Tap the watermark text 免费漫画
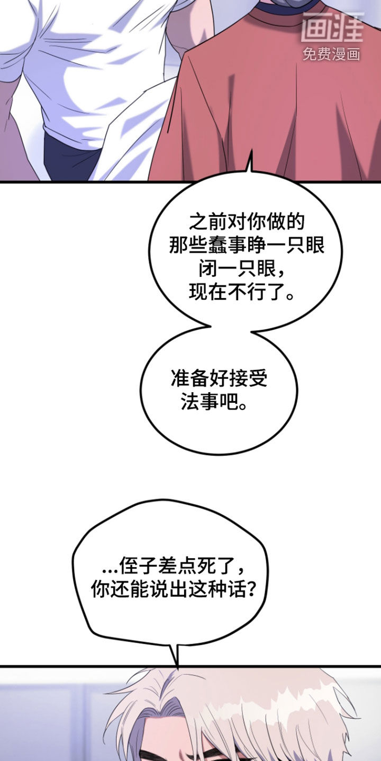[331, 54]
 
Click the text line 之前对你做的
[246, 222]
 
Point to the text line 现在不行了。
[241, 292]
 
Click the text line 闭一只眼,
[241, 268]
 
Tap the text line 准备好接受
[219, 378]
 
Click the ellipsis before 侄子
[110, 571]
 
